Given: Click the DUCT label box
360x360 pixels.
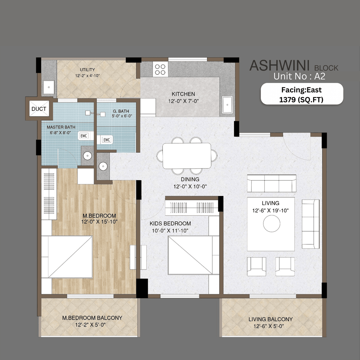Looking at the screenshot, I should point(39,109).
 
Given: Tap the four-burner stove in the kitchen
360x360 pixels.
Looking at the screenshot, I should point(160,69).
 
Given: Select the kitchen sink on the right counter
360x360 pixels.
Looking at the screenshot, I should point(227,105).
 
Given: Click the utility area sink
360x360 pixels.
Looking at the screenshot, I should point(49,87).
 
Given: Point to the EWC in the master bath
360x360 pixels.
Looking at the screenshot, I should point(84,136).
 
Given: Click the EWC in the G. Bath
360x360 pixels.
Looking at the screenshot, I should point(106,140).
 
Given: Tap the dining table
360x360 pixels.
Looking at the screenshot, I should point(187,156).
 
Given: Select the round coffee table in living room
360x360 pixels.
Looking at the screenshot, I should point(271,224).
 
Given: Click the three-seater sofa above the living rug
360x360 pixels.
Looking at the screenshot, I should point(271,183).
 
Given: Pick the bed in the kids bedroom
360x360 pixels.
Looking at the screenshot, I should point(190,255).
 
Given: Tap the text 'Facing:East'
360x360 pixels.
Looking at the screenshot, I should point(301,90).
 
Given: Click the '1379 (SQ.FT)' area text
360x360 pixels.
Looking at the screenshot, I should point(301,100).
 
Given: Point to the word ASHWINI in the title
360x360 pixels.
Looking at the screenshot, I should point(279,66).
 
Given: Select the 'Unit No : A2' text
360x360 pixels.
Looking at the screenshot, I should point(299,76).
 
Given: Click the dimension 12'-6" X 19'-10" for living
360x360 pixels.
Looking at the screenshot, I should point(270,210).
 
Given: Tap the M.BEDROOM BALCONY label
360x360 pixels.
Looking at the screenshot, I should point(92,318).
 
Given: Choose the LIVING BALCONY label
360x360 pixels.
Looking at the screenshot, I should point(270,319).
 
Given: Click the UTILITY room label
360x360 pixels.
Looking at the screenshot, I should point(87,70).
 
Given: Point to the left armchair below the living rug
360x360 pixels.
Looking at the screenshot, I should point(256,266).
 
